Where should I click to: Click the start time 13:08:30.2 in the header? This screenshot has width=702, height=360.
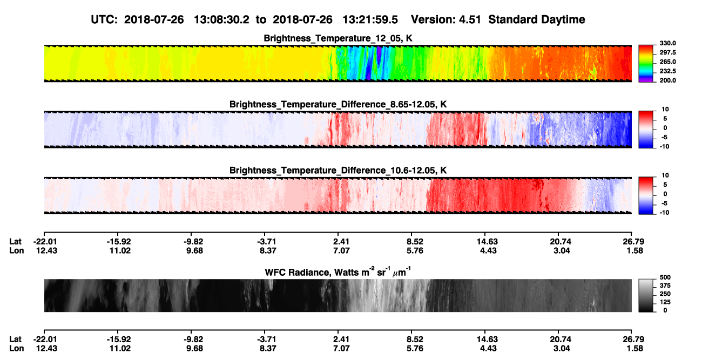tap(221, 19)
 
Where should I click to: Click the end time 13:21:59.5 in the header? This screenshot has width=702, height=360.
tap(370, 19)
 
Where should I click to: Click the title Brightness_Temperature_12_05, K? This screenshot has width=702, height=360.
tap(338, 38)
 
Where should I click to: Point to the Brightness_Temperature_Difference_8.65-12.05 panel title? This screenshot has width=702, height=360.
tap(338, 104)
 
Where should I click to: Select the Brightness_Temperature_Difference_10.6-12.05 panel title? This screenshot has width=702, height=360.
tap(338, 171)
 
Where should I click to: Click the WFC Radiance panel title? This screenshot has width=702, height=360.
tap(338, 272)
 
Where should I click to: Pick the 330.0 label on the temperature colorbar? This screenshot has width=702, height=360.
tap(667, 43)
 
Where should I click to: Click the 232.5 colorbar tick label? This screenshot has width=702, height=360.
tap(667, 71)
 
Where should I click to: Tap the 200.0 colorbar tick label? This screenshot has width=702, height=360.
tap(667, 80)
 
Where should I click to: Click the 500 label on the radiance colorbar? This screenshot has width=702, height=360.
tap(665, 277)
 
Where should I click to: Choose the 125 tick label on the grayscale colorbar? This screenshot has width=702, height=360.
tap(665, 302)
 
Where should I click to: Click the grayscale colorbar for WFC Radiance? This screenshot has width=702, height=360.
tap(646, 295)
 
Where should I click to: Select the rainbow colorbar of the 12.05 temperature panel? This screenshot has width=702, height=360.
tap(646, 64)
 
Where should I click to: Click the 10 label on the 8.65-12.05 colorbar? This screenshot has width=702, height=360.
tap(665, 110)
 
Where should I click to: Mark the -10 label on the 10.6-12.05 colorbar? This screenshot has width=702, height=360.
tap(664, 213)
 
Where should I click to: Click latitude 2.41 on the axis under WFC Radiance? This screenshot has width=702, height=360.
tap(341, 339)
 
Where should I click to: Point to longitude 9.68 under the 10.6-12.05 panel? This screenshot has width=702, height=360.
tap(194, 250)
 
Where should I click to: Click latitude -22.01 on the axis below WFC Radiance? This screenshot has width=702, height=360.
tap(45, 339)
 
